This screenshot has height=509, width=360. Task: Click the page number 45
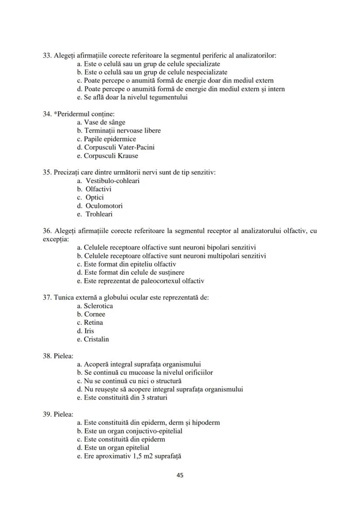point(180,475)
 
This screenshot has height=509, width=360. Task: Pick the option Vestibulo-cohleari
point(112,181)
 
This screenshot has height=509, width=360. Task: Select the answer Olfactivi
point(98,189)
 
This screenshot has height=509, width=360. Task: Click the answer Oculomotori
point(104,206)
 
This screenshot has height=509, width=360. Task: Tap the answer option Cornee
point(94,314)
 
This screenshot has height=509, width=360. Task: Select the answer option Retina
point(93,323)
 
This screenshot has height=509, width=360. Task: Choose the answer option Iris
point(89,331)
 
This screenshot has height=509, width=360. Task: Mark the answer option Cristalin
point(96,339)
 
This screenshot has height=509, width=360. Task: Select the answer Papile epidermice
point(110,139)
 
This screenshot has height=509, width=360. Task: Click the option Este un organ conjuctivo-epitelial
point(133,431)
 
